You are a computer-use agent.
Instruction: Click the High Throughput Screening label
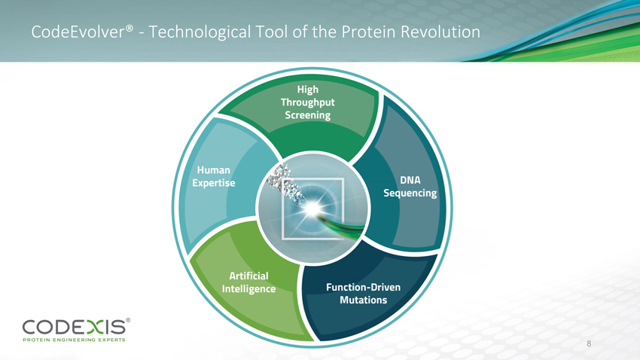click(308, 102)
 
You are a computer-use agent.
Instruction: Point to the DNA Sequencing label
click(410, 187)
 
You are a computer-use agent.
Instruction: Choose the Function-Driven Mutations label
click(363, 294)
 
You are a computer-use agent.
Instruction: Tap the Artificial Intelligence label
click(248, 282)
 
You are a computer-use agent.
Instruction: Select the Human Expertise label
click(214, 176)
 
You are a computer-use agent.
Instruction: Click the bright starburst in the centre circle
click(312, 208)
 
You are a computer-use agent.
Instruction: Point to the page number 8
click(589, 343)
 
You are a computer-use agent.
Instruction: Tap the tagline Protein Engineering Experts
click(74, 340)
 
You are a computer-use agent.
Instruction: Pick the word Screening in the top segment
click(308, 115)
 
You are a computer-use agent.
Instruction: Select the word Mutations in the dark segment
click(363, 300)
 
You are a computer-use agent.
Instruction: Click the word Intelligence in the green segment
click(248, 289)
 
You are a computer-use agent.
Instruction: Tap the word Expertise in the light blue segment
click(214, 183)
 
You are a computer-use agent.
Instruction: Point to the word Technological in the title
click(200, 32)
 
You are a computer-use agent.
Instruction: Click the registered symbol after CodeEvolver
click(130, 28)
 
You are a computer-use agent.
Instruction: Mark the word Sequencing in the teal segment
click(410, 193)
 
